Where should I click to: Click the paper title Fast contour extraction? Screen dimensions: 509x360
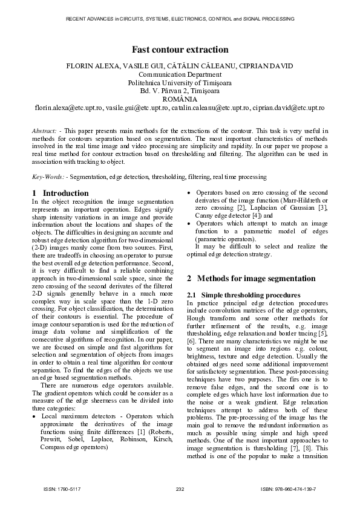click(x=180, y=50)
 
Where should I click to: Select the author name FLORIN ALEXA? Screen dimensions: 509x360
click(x=91, y=66)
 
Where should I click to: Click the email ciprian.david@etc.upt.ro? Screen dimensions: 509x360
click(x=289, y=107)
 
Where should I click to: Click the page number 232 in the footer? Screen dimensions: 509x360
click(x=180, y=488)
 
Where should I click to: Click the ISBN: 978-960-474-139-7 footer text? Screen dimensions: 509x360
click(x=289, y=488)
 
